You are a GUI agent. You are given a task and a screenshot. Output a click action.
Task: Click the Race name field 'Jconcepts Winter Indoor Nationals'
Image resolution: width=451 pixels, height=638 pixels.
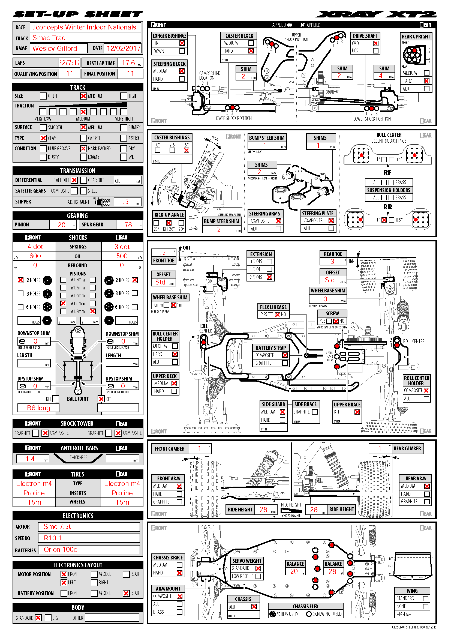click(x=85, y=27)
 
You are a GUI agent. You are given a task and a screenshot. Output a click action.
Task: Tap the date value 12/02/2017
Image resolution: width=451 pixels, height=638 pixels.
click(x=123, y=49)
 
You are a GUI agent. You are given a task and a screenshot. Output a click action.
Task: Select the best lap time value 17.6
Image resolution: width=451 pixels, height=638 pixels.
click(x=128, y=63)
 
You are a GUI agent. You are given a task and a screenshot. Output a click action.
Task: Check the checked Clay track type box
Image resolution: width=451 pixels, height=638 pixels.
click(x=43, y=138)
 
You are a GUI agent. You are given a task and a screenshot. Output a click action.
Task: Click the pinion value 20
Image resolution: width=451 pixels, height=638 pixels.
click(x=62, y=225)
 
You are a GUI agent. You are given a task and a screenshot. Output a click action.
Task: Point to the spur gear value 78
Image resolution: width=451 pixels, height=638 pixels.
click(x=128, y=225)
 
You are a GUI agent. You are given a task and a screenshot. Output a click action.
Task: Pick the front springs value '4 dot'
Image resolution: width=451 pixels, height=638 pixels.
click(x=35, y=247)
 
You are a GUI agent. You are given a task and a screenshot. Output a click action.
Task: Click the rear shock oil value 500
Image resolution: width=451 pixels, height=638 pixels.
click(x=122, y=256)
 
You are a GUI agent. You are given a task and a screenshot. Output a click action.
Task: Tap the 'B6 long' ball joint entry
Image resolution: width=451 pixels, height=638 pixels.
click(x=38, y=408)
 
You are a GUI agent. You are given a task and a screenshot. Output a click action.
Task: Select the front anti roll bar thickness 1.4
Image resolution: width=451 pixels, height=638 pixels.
click(x=30, y=459)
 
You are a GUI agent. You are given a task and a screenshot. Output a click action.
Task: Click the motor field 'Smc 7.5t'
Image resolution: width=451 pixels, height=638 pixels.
click(x=57, y=526)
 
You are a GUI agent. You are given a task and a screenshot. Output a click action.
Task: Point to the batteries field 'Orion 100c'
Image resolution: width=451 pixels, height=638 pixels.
click(x=60, y=550)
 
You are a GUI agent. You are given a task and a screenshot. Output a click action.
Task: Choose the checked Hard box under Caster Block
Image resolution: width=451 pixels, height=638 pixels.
click(x=251, y=51)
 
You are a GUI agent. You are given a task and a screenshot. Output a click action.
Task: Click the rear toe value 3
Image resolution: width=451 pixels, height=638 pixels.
click(x=332, y=262)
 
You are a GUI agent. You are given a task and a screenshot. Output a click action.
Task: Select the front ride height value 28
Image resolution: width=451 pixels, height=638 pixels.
click(x=263, y=510)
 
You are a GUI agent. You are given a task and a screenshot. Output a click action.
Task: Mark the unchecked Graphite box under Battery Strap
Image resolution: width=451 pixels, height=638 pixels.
click(x=285, y=363)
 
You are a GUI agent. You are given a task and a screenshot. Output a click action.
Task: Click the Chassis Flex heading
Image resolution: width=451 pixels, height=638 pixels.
click(x=305, y=606)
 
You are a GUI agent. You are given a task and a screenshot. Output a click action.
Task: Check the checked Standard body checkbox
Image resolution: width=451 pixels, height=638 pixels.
click(x=38, y=618)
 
